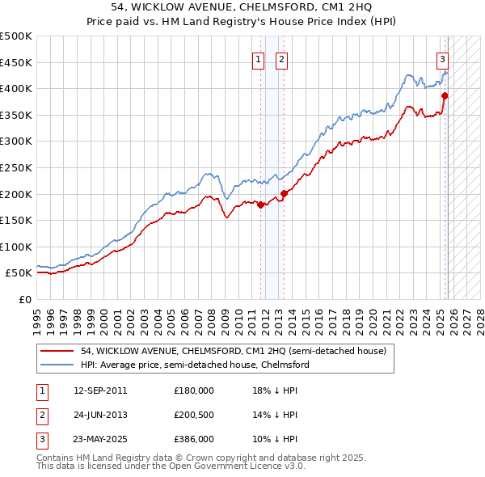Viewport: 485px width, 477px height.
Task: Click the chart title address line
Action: click(242, 8)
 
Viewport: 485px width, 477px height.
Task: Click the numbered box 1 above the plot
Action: click(258, 58)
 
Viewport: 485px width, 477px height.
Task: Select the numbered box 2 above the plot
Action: click(281, 58)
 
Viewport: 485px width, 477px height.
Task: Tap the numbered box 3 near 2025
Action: click(443, 58)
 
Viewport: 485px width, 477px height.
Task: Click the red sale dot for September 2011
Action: click(260, 205)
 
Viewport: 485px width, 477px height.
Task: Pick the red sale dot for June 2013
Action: click(284, 193)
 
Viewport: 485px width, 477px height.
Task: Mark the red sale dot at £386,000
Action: click(445, 95)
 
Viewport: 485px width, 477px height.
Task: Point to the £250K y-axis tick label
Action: click(16, 167)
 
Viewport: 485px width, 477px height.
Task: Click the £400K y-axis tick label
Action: click(16, 88)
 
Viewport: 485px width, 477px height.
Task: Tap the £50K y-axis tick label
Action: click(19, 273)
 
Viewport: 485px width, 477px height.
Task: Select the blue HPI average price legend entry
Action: click(195, 365)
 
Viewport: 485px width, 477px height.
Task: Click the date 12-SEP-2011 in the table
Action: click(99, 390)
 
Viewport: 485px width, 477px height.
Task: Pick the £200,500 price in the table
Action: click(194, 415)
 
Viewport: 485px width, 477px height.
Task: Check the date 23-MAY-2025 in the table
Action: click(99, 440)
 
